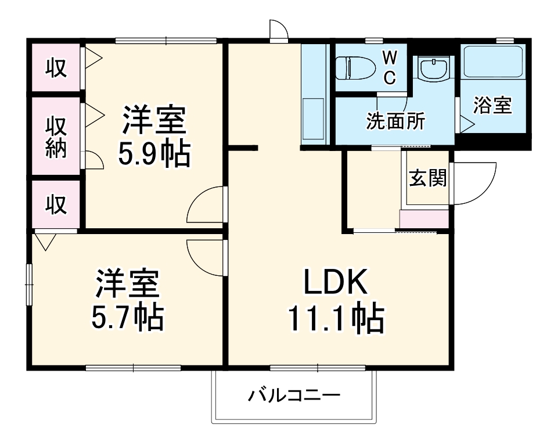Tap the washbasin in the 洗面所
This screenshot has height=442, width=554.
[433, 70]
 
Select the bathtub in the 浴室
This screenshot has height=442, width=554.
[493, 62]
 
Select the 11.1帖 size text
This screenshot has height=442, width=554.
[335, 318]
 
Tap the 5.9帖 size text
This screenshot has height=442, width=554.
[154, 154]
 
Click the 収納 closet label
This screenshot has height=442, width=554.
[56, 137]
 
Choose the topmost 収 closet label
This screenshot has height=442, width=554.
[56, 69]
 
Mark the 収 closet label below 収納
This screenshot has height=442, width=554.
[56, 204]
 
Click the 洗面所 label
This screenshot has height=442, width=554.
[395, 122]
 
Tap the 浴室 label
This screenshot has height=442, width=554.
[492, 105]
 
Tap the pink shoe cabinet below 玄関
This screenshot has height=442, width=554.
[424, 219]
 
